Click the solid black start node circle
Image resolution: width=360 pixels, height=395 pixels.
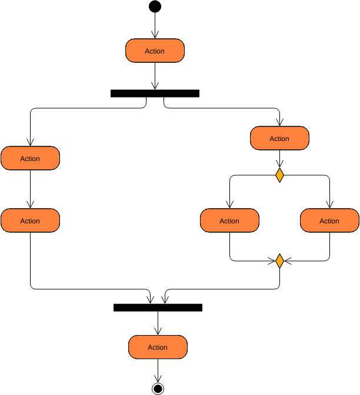click(155, 6)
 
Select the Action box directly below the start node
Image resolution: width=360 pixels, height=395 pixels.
click(155, 51)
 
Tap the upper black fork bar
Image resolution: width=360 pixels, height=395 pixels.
click(155, 93)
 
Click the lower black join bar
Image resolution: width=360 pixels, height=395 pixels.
click(158, 307)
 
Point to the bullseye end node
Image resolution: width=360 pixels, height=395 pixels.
click(158, 388)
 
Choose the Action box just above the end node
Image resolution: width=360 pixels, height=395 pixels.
click(158, 347)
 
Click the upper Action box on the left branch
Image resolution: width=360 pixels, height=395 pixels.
click(30, 159)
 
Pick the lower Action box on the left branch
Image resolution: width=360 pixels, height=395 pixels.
click(30, 221)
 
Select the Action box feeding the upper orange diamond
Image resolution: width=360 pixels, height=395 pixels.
click(279, 139)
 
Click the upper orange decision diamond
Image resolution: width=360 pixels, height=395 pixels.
click(279, 175)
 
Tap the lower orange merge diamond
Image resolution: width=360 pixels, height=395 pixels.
click(279, 261)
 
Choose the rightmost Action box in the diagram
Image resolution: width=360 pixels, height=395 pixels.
click(329, 221)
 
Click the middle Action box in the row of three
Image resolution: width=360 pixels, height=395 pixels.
click(229, 221)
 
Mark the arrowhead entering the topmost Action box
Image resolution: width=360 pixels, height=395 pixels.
click(155, 36)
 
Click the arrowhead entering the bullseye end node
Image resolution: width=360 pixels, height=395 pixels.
click(158, 379)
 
